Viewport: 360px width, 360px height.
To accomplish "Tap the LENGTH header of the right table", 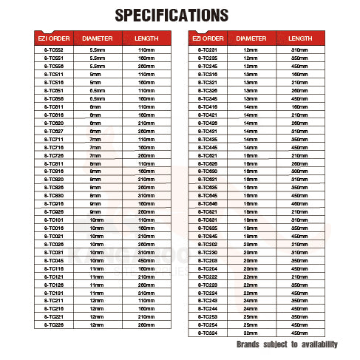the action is point(299,37).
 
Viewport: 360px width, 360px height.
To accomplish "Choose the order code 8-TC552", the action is point(52,50).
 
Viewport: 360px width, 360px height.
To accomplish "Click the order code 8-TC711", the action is point(52,139).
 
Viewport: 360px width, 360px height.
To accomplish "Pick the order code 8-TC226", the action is point(52,325).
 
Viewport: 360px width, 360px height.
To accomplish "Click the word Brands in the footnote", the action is point(248,344).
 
